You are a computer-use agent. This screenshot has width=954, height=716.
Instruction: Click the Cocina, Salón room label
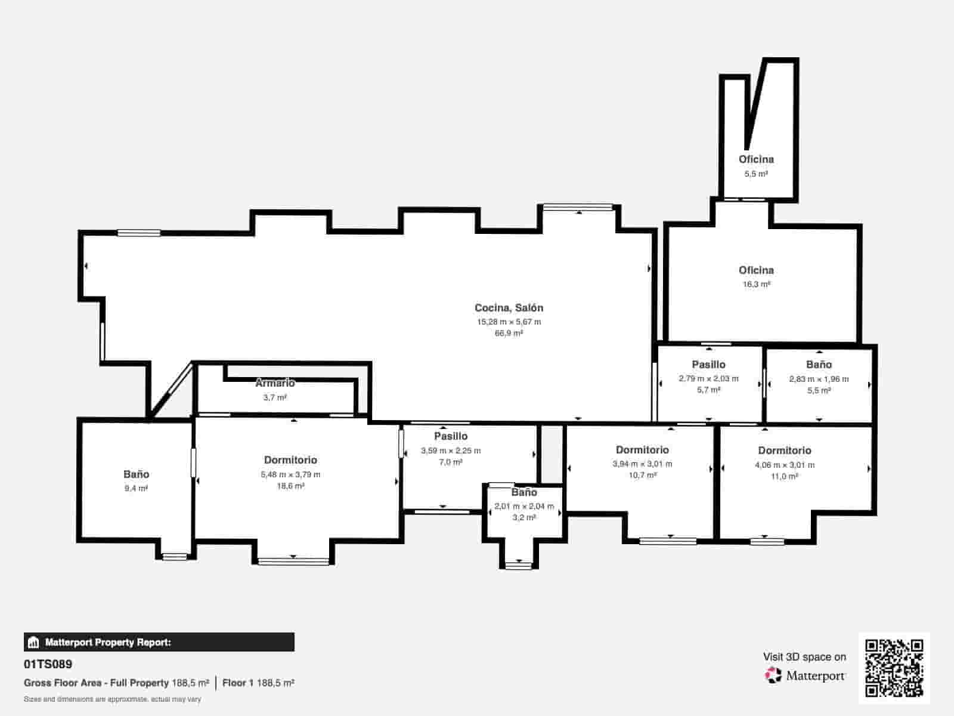[x=509, y=308]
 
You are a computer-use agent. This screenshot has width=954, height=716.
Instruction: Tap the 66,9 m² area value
[x=509, y=334]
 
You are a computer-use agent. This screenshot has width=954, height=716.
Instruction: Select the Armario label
[x=275, y=383]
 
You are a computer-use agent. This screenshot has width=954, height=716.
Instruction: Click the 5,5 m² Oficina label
[x=756, y=159]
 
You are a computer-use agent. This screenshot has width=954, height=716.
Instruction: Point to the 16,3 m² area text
[x=756, y=285]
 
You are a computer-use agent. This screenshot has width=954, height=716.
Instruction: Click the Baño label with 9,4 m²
[x=136, y=474]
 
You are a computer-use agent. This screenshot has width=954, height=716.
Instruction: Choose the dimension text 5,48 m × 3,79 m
[x=290, y=474]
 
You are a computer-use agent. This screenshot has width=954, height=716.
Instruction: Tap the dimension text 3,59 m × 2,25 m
[x=451, y=451]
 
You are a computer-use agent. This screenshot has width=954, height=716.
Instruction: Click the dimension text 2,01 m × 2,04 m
[x=524, y=507]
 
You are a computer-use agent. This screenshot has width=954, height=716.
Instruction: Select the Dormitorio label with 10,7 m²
[x=642, y=450]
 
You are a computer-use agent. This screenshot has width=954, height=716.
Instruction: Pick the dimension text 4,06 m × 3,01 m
[x=785, y=465]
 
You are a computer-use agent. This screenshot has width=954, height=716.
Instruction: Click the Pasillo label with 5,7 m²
[x=708, y=365]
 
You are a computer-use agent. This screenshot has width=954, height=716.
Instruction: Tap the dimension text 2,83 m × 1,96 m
[x=819, y=379]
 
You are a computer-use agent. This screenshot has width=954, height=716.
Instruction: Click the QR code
[x=894, y=668]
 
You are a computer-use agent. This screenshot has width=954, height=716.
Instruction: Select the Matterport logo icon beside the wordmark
[x=773, y=675]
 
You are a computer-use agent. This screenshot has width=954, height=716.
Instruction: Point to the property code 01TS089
[x=48, y=664]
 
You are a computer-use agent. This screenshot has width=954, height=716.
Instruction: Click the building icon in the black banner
[x=33, y=642]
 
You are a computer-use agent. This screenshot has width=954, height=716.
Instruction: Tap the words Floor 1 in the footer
[x=238, y=683]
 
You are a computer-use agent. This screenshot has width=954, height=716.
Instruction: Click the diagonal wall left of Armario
[x=171, y=390]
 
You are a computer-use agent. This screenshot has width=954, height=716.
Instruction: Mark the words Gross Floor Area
[x=63, y=683]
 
